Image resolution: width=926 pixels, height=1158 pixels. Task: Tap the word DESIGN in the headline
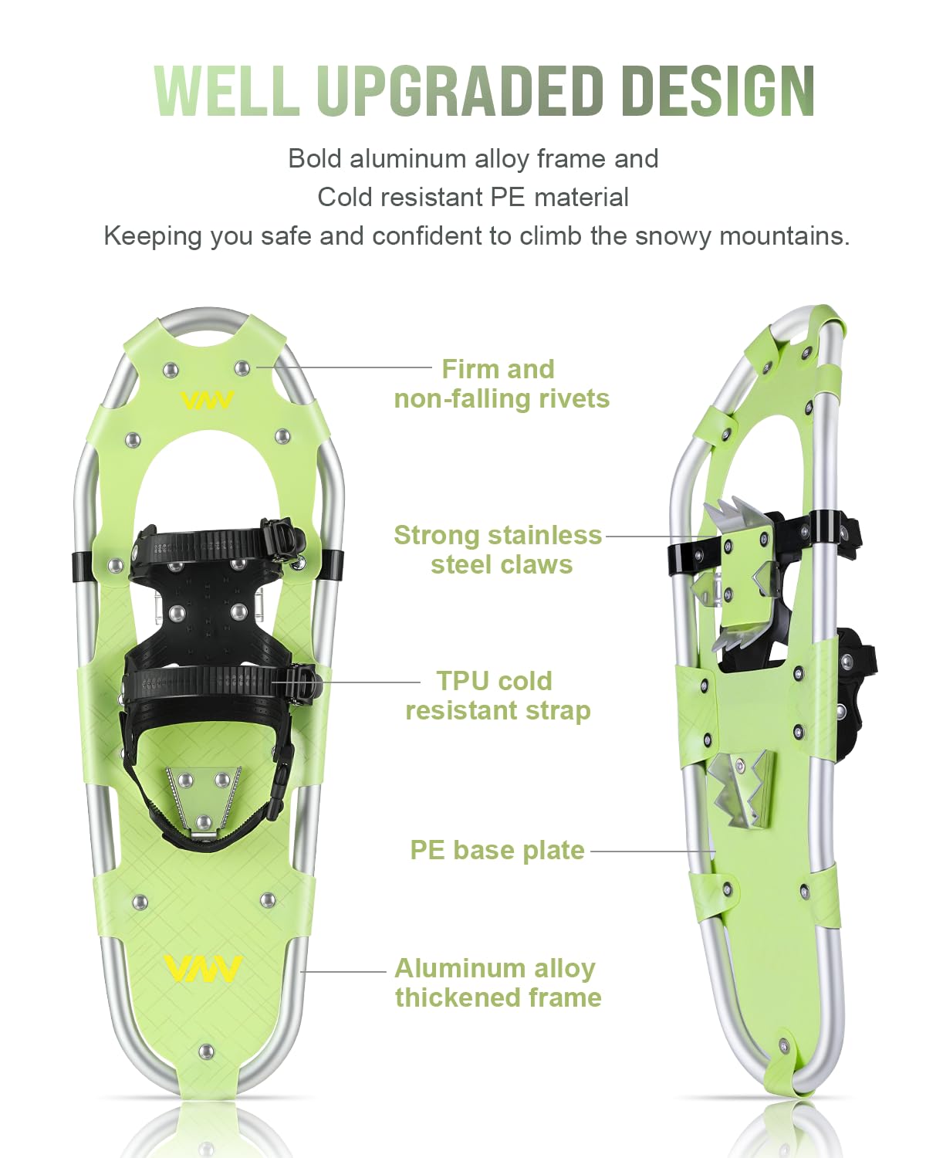tap(718, 91)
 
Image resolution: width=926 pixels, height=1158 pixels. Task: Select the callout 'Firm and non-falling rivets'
tap(501, 384)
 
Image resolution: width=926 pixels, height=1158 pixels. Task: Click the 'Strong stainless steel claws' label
tap(498, 550)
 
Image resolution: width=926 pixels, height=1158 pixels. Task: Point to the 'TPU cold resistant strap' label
tap(497, 696)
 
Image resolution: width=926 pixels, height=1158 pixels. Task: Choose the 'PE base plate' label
tap(497, 850)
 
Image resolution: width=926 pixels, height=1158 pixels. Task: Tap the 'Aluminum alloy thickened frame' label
tap(498, 982)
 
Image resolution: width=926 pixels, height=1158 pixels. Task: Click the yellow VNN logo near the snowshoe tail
tap(203, 968)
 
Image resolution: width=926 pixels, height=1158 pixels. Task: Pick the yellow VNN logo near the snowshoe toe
tap(207, 400)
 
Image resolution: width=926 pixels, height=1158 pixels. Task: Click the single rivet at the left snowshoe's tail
tap(206, 1051)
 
